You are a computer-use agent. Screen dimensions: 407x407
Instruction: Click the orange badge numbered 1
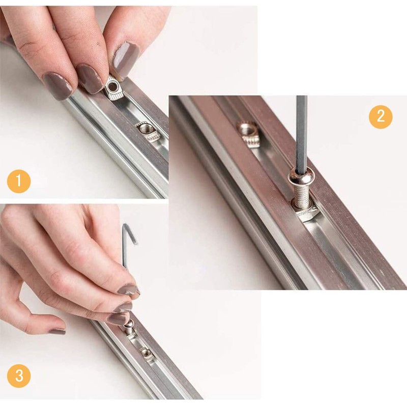(19, 181)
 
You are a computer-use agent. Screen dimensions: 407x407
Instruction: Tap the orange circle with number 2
(381, 117)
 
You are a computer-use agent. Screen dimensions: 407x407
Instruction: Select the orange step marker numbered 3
(19, 376)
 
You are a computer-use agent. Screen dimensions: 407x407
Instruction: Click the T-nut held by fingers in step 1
(113, 90)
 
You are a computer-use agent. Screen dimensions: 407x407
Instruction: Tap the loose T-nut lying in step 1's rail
(148, 131)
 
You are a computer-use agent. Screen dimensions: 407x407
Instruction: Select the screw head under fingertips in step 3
(129, 325)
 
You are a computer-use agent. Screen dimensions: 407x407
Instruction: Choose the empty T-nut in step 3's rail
(146, 354)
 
